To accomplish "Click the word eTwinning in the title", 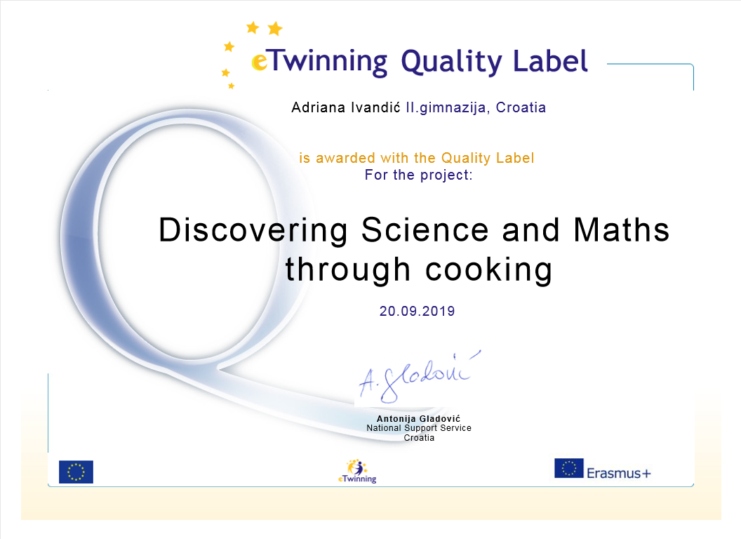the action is pos(319,62).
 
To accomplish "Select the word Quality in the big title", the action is pos(451,62).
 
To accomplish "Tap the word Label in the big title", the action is pos(550,60).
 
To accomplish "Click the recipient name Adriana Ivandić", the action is pos(346,108).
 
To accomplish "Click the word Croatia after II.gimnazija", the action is pos(521,108).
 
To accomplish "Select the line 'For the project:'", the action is pos(418,175).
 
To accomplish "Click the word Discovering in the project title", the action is pos(253,231).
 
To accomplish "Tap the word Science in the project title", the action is pos(425,229).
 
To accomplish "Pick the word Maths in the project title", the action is pos(622,229).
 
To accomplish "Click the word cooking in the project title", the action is pos(488,271).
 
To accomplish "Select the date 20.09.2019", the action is pos(418,311).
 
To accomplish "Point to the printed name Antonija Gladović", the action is pos(418,418).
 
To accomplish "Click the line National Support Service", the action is pos(419,428).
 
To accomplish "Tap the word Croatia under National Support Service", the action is pos(419,438).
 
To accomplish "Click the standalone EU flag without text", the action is pos(76,472).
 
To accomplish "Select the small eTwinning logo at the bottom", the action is pos(357,472).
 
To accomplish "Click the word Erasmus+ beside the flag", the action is pos(619,473).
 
